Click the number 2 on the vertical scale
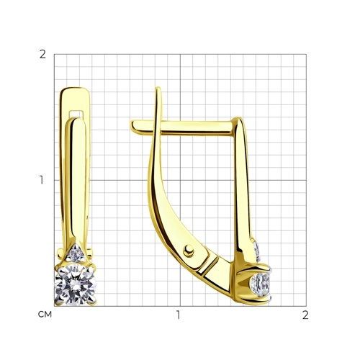pyautogui.click(x=43, y=55)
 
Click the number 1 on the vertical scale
pyautogui.click(x=43, y=180)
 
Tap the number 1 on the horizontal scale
pyautogui.click(x=179, y=315)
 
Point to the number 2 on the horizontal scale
pyautogui.click(x=305, y=315)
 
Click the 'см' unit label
pyautogui.click(x=43, y=315)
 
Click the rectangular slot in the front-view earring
pyautogui.click(x=75, y=113)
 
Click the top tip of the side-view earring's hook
pyautogui.click(x=157, y=90)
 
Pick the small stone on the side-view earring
pyautogui.click(x=257, y=248)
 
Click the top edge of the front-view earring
pyautogui.click(x=72, y=89)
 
